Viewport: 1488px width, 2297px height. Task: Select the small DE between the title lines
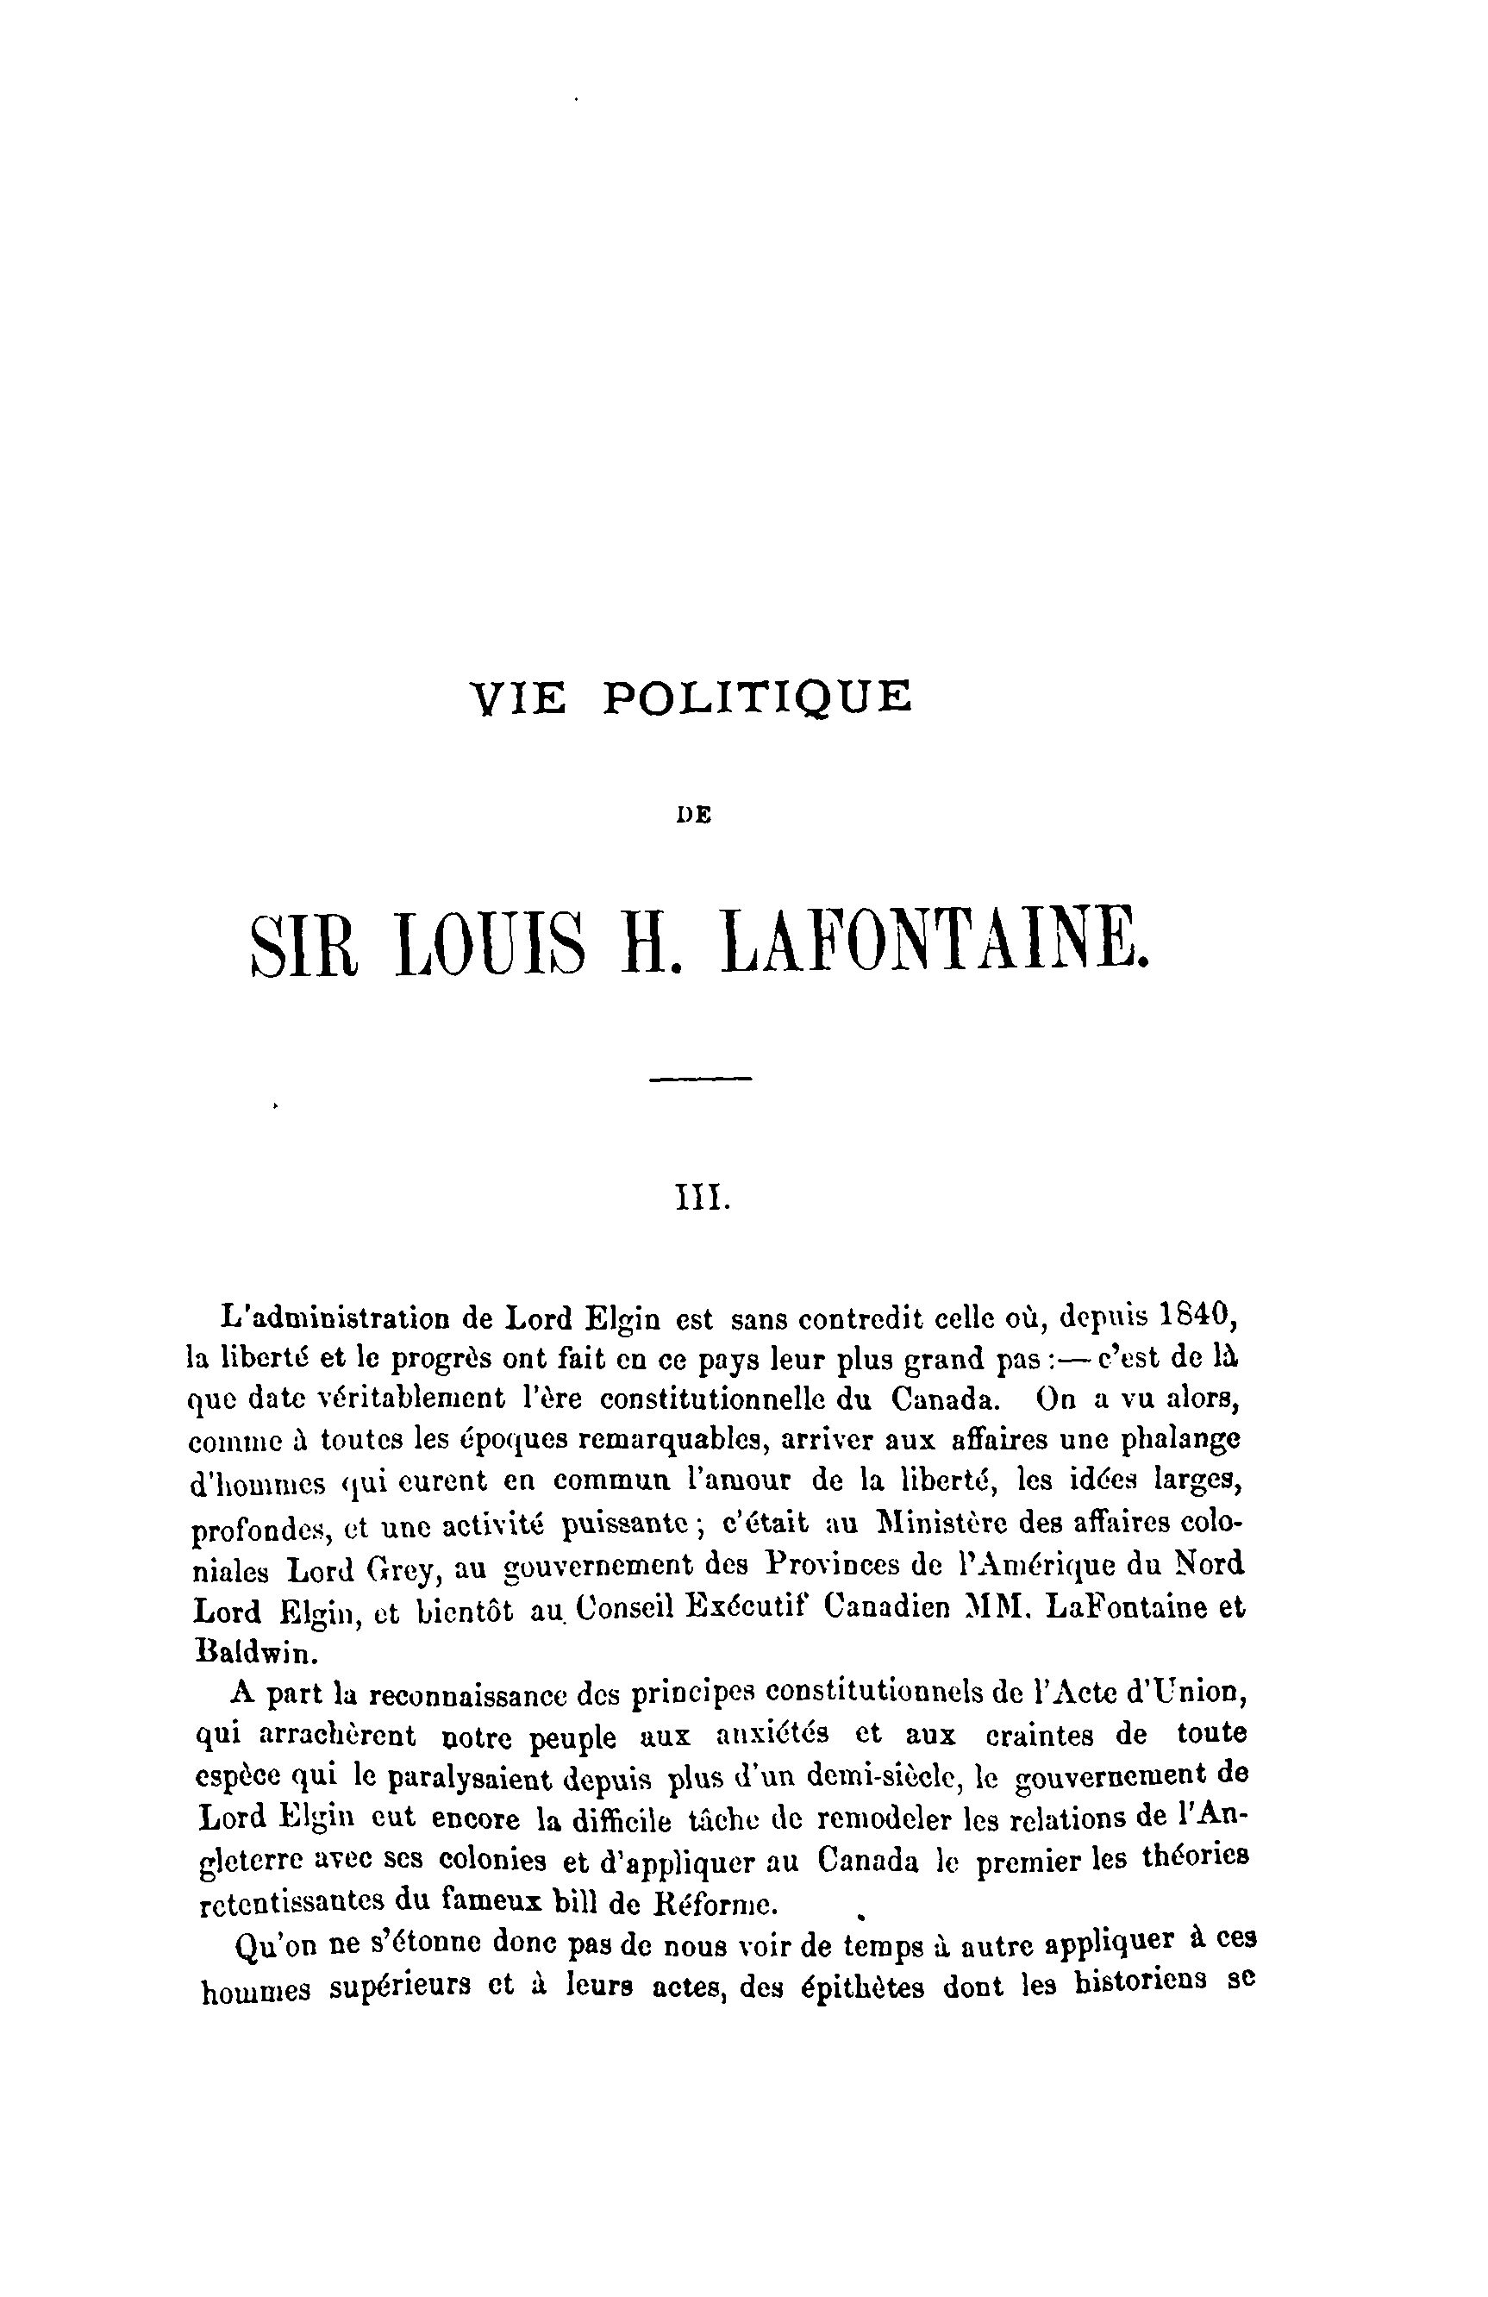(x=694, y=815)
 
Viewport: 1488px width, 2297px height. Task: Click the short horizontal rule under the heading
(x=700, y=1078)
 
